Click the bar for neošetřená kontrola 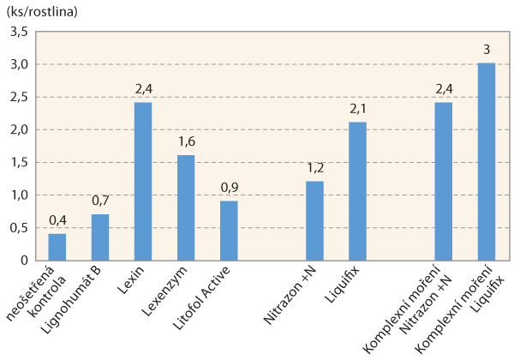(57, 247)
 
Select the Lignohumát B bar (100, 237)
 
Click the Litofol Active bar (229, 231)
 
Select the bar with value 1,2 (314, 220)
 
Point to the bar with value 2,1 (357, 191)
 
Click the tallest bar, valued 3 (486, 161)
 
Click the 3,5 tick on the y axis (18, 32)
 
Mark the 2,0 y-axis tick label (18, 129)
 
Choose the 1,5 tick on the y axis (18, 162)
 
